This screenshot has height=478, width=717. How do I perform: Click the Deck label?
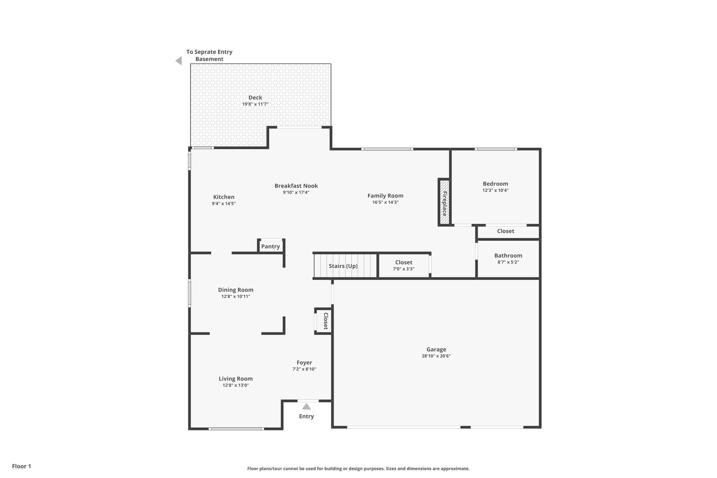[255, 98]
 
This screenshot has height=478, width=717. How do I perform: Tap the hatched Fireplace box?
[444, 202]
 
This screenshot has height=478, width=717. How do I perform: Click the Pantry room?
[271, 247]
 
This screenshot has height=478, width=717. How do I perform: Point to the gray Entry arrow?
[306, 407]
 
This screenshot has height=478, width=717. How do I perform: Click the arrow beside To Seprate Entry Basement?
[179, 61]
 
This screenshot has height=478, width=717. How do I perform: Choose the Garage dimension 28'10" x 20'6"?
[436, 356]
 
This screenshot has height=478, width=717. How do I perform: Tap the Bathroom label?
[508, 256]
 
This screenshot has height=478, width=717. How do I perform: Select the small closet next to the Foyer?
[324, 321]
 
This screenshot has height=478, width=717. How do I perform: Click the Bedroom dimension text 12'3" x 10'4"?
[495, 190]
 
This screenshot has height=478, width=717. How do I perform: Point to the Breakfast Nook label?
[296, 186]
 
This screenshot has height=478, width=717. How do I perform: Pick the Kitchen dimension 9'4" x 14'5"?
[224, 203]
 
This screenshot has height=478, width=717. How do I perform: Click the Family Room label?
[385, 196]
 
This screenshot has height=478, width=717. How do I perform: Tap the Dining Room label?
[236, 290]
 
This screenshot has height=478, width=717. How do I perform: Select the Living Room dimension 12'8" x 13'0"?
[236, 385]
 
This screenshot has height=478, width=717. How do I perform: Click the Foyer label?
[304, 363]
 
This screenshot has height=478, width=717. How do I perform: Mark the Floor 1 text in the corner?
[21, 466]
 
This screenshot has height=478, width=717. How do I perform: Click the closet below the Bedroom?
[506, 231]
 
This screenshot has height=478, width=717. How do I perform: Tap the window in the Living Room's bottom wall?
[236, 429]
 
